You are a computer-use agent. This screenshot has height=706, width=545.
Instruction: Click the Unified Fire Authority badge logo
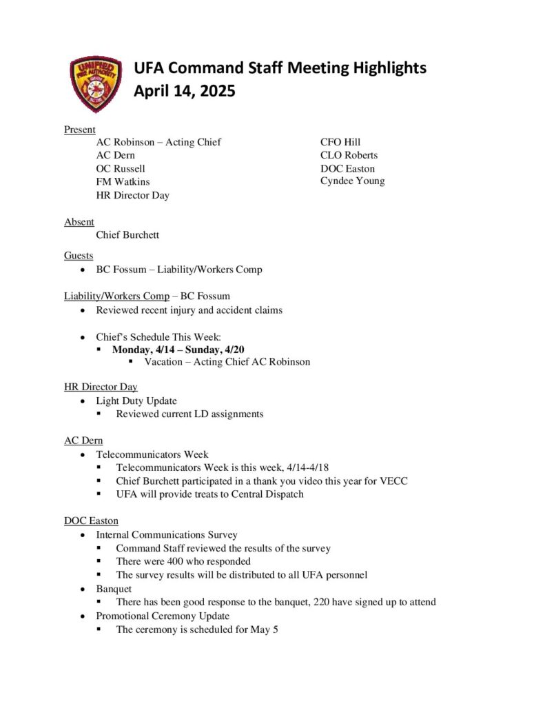click(96, 84)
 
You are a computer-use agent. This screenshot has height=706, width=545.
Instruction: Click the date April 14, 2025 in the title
click(184, 91)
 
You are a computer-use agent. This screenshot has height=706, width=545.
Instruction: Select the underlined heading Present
click(80, 130)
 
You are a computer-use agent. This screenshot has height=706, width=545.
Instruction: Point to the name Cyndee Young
click(352, 181)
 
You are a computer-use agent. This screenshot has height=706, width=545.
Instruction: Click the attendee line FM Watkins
click(123, 182)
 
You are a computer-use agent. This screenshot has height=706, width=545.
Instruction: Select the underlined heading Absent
click(79, 222)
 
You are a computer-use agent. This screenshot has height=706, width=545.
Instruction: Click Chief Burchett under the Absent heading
click(127, 235)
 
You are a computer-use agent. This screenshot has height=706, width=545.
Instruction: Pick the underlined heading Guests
click(79, 256)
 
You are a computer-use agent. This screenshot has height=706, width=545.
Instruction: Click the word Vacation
click(163, 362)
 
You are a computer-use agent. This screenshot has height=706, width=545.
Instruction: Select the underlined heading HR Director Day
click(101, 387)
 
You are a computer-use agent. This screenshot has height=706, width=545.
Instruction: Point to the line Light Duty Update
click(136, 401)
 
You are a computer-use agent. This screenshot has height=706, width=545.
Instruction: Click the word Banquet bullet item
click(114, 589)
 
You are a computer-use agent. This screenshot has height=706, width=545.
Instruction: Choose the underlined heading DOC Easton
click(91, 521)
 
